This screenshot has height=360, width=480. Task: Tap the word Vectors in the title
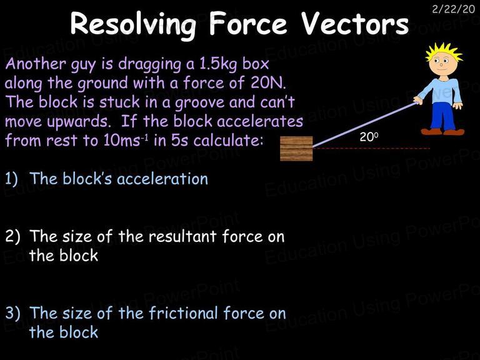355,23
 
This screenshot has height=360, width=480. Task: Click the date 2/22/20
453,9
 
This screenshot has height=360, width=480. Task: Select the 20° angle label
369,137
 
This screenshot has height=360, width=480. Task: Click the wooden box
296,149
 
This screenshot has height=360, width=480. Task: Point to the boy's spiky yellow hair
444,52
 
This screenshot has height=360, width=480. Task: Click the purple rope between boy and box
365,124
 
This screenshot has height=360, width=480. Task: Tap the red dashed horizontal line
371,149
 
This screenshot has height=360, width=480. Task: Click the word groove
199,103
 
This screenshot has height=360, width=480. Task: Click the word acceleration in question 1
162,179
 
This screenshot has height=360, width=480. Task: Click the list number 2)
12,237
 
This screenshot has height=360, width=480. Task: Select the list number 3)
12,313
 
